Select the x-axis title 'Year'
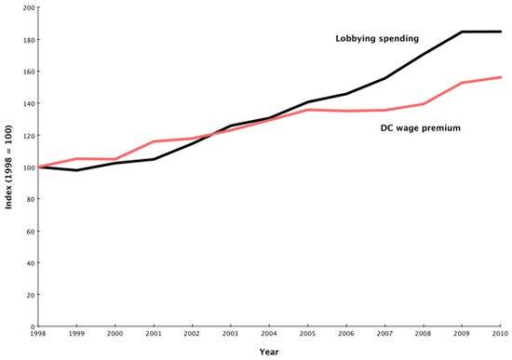[270, 352]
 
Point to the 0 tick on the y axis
[31, 327]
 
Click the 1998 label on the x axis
[37, 335]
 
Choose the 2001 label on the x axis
[154, 335]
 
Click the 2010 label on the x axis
[499, 335]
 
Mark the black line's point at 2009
[463, 32]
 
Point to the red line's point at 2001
[154, 141]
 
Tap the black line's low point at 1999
[76, 170]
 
